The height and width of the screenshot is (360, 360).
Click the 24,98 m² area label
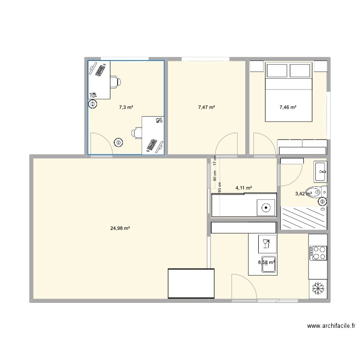pyautogui.click(x=120, y=228)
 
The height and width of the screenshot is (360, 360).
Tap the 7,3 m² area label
pyautogui.click(x=126, y=108)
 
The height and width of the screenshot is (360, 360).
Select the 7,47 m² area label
pyautogui.click(x=206, y=108)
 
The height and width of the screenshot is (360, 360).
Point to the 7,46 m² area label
pyautogui.click(x=288, y=108)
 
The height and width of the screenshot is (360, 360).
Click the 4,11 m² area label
pyautogui.click(x=244, y=188)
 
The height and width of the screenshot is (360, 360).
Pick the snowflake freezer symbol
pyautogui.click(x=318, y=288)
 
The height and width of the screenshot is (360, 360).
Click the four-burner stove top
pyautogui.click(x=318, y=253)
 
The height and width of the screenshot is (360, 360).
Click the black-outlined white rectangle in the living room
pyautogui.click(x=191, y=284)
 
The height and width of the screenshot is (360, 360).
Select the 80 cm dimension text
pyautogui.click(x=216, y=175)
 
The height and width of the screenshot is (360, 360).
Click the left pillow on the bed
pyautogui.click(x=276, y=71)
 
